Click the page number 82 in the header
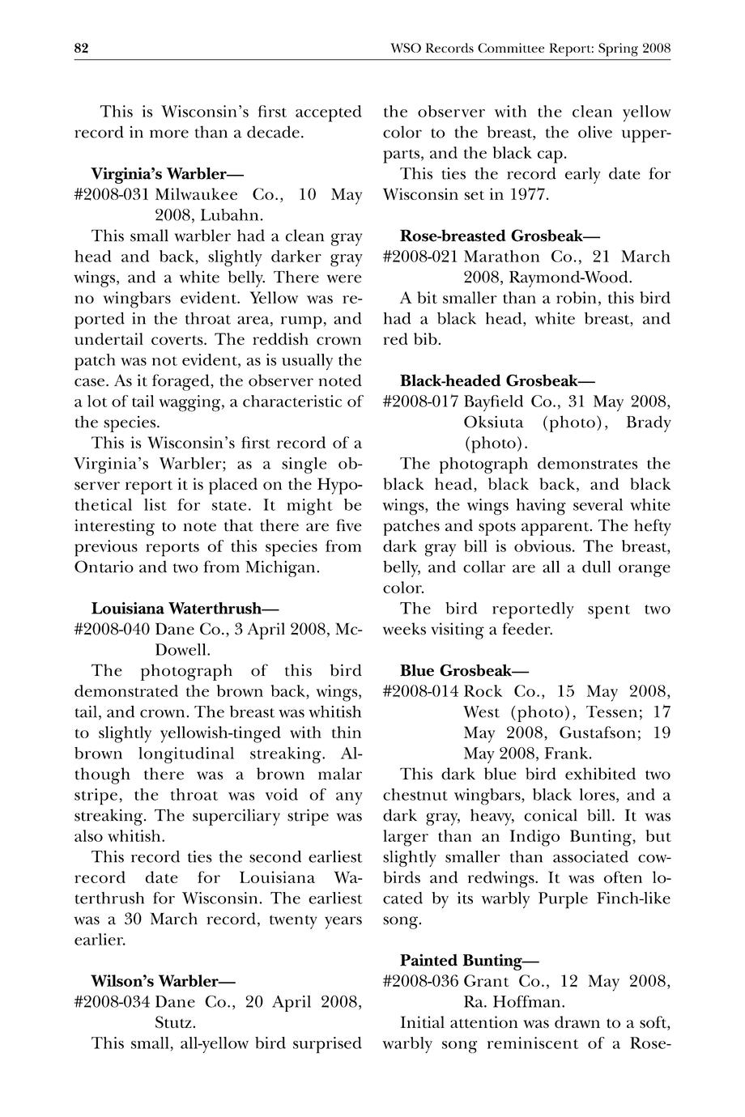(x=81, y=49)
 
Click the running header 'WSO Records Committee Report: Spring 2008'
(x=530, y=49)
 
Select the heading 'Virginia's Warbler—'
(x=168, y=174)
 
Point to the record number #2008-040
(x=112, y=630)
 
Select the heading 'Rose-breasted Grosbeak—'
(x=500, y=236)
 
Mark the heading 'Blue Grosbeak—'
(x=464, y=671)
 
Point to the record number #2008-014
(x=420, y=692)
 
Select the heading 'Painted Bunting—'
(x=469, y=961)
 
